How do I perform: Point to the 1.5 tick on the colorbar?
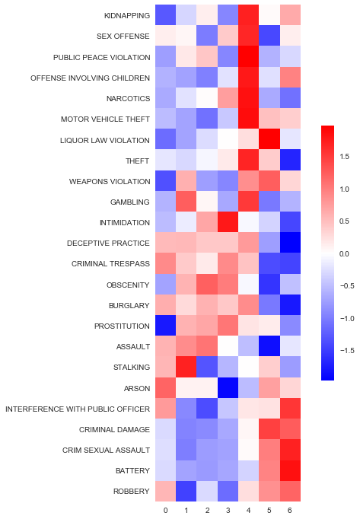(x=345, y=157)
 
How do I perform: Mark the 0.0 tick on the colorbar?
(x=345, y=253)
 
